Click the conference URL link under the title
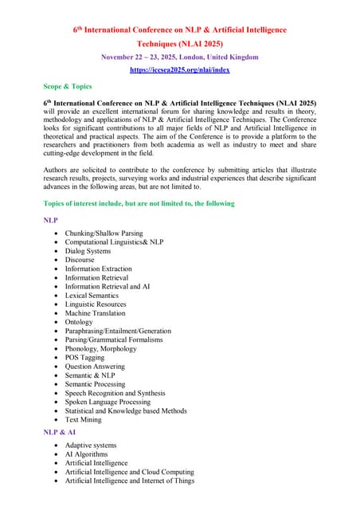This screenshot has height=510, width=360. tap(179, 70)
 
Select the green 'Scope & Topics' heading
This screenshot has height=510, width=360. tap(68, 86)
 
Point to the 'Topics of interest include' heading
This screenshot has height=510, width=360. tap(139, 204)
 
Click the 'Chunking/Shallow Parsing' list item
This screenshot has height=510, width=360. tap(104, 233)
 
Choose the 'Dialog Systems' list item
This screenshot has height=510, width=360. tap(88, 251)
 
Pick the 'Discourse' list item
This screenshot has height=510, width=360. tap(80, 260)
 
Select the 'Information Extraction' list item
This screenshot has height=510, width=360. tap(99, 269)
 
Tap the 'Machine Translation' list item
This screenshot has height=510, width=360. tap(96, 313)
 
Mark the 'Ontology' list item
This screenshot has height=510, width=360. tap(80, 322)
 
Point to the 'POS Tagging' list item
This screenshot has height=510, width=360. tap(85, 358)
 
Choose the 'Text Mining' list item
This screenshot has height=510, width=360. tap(84, 419)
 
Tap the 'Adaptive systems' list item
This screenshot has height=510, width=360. tap(91, 445)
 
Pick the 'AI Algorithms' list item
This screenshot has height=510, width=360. tap(87, 454)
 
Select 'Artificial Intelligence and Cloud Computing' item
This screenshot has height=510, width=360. tap(130, 472)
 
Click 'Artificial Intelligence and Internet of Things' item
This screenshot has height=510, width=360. tap(130, 481)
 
